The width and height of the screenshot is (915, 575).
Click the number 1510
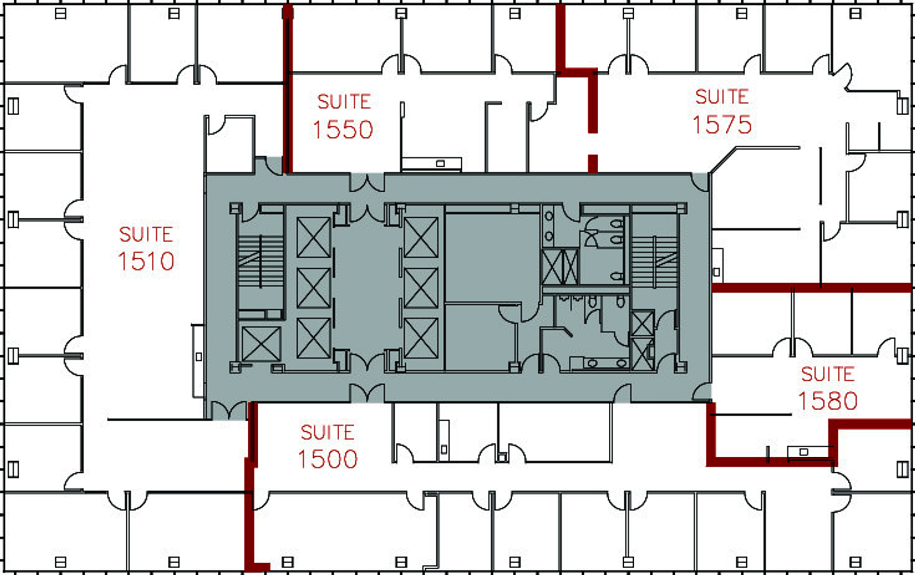coord(146,261)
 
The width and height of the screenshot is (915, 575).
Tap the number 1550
coord(342,130)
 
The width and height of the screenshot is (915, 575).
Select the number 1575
coord(722,125)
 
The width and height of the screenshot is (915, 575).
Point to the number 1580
coord(827,401)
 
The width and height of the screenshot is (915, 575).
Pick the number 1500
coord(327,459)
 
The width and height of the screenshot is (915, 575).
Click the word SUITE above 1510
coord(146,235)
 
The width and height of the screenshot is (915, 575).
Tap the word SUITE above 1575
coord(722,97)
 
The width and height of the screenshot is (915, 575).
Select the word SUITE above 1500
coord(327,432)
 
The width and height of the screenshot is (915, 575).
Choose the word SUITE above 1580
coord(827,374)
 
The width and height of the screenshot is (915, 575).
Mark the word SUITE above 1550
coord(344,102)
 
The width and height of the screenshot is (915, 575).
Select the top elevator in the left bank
coord(314,237)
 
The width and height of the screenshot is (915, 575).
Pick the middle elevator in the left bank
coord(314,288)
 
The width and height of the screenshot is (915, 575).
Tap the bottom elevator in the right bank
coord(421,338)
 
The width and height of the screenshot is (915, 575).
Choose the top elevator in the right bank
coord(421,237)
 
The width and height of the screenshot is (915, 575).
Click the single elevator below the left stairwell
coord(260,343)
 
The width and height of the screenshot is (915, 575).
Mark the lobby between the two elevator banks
coord(367,287)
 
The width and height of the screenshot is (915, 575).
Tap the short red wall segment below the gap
coord(593,163)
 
